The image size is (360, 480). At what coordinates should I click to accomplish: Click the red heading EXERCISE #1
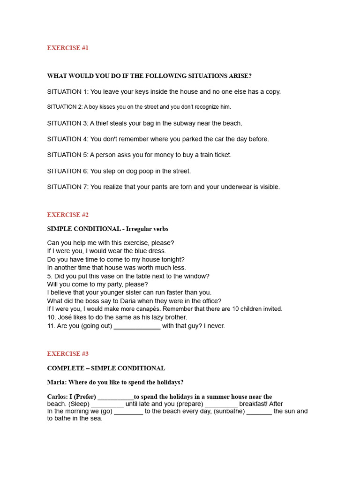pyautogui.click(x=67, y=48)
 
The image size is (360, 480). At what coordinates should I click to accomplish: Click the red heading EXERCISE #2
pyautogui.click(x=67, y=215)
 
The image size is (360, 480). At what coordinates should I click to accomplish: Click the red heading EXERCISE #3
pyautogui.click(x=67, y=354)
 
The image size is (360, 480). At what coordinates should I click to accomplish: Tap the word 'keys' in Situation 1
pyautogui.click(x=141, y=92)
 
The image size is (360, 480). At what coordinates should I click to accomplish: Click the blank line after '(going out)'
pyautogui.click(x=137, y=326)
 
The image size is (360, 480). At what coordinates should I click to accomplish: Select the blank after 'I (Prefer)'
pyautogui.click(x=115, y=397)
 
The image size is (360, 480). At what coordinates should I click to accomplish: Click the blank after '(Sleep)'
pyautogui.click(x=107, y=404)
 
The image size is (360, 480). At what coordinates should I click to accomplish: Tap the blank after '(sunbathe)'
pyautogui.click(x=259, y=412)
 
